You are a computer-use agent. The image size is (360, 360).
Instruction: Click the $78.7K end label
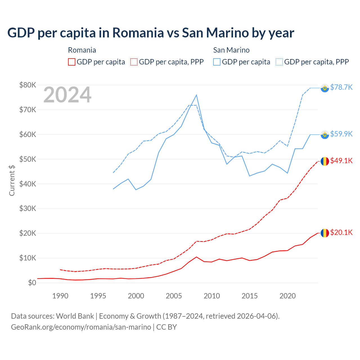341,87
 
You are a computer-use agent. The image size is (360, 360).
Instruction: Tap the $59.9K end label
341,134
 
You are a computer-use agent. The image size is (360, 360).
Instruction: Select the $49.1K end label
341,161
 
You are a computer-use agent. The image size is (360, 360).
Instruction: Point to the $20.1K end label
341,232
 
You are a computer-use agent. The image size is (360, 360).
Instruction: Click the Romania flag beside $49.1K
325,161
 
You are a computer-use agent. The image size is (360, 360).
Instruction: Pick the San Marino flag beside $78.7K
325,88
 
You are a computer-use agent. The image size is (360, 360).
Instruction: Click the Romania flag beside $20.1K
325,233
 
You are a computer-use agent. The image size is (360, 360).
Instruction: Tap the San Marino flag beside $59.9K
325,135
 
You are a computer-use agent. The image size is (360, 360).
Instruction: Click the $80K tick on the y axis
28,85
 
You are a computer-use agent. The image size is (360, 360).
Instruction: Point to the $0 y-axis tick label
32,283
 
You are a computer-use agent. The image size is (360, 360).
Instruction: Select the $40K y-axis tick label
28,184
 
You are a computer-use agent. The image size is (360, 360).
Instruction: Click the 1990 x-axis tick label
60,296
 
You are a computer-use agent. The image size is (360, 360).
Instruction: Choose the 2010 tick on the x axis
212,296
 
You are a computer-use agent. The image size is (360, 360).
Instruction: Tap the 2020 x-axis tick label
287,296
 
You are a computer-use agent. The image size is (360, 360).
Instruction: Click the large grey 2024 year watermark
67,95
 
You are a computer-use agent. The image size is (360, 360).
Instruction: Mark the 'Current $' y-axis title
12,180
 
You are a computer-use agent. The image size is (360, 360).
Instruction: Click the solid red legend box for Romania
72,62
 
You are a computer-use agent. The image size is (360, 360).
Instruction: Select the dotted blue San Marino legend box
279,62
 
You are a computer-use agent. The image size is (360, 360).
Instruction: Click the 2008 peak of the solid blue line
196,95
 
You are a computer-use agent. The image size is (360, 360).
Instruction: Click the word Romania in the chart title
138,33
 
